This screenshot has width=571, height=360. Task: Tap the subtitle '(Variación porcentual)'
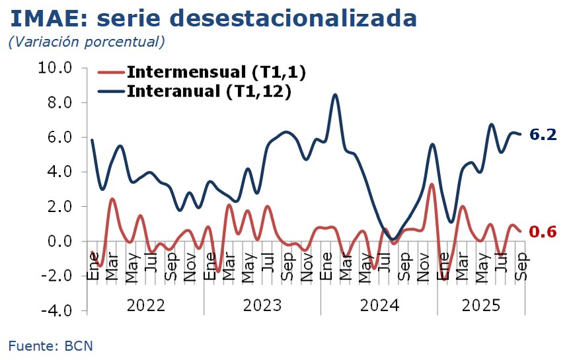pos(86,42)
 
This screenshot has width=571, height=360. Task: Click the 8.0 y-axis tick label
pos(59,102)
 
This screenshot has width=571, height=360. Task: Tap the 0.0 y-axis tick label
pos(59,241)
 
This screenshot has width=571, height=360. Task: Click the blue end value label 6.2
pos(543,135)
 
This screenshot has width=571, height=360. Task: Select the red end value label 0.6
pos(543,231)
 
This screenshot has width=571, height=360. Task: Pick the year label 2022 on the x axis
pos(145,305)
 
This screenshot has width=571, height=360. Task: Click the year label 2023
pos(262,305)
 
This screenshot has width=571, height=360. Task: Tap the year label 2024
pos(379,305)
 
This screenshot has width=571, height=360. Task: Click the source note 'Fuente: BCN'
pos(51,345)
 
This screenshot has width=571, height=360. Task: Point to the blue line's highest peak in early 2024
pos(336,95)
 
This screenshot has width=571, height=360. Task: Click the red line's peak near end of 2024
pos(432,184)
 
